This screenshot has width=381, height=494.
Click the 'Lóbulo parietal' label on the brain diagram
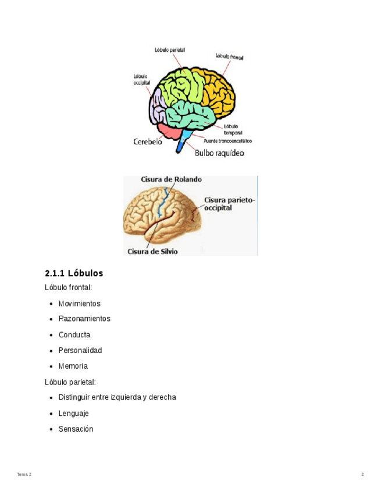(169, 51)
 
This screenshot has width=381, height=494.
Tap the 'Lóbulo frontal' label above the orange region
(229, 57)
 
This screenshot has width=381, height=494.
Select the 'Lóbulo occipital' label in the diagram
(142, 80)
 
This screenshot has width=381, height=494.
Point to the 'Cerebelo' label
(148, 142)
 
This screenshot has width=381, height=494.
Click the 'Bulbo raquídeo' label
(219, 153)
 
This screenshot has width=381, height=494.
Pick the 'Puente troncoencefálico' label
(227, 140)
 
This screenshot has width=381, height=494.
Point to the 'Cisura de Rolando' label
(171, 180)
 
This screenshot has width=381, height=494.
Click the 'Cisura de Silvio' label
(152, 252)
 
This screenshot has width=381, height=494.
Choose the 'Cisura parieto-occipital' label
(229, 204)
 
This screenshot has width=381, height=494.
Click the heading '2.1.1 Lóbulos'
(74, 273)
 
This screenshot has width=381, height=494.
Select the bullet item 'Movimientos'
(80, 304)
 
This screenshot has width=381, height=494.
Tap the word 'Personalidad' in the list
(80, 351)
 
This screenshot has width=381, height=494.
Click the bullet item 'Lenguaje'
(74, 413)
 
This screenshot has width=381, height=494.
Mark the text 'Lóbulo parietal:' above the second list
(70, 382)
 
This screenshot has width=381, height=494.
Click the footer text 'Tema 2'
(24, 475)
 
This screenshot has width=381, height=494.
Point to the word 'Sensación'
(76, 429)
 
